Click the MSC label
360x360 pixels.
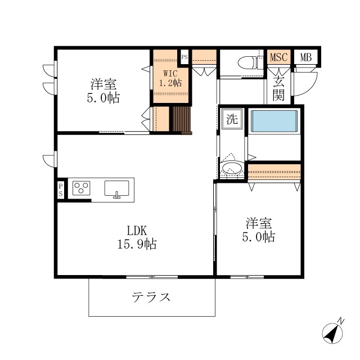pos(279,57)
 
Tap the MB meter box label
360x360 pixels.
pos(306,57)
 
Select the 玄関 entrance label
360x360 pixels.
pos(278,89)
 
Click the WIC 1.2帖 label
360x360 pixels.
pos(170,78)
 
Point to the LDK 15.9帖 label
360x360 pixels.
pos(137,237)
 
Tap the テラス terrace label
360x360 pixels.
pos(151,298)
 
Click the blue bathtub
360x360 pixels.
pos(274,121)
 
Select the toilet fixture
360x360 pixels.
pos(249,62)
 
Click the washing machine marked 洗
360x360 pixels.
pos(232,119)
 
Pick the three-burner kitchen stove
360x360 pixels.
pos(81,188)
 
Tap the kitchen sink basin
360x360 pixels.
pos(116,189)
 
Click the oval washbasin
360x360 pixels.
pos(232,168)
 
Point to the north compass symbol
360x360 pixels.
pos(332,333)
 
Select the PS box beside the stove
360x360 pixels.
pos(61,190)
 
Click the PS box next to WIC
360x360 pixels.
pos(184,57)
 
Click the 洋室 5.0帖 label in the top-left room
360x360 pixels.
pos(103,91)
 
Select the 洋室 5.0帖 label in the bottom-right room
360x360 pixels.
pos(259,230)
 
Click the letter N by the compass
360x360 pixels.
pos(341,321)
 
